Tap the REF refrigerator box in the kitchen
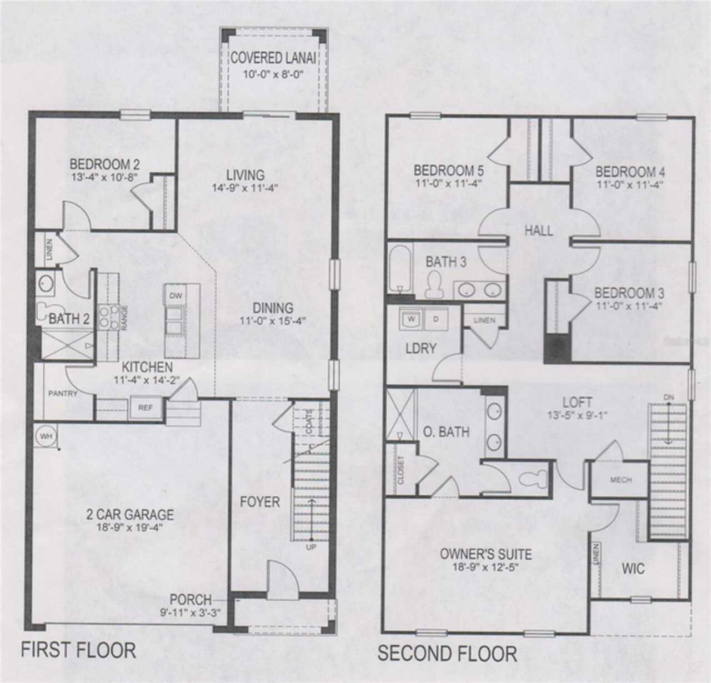tap(145, 408)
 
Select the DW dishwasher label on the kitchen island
tap(176, 295)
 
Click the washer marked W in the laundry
tap(412, 319)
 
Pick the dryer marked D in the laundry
tap(435, 319)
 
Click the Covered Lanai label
tap(273, 58)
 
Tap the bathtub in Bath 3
tap(398, 269)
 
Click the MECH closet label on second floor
tap(620, 480)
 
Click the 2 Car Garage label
tap(129, 515)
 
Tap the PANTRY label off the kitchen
tap(62, 394)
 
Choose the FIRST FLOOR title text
tap(78, 650)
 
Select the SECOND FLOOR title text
tap(447, 654)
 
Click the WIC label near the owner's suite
tap(633, 569)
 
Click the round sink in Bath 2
tap(46, 284)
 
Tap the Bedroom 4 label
tap(630, 172)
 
